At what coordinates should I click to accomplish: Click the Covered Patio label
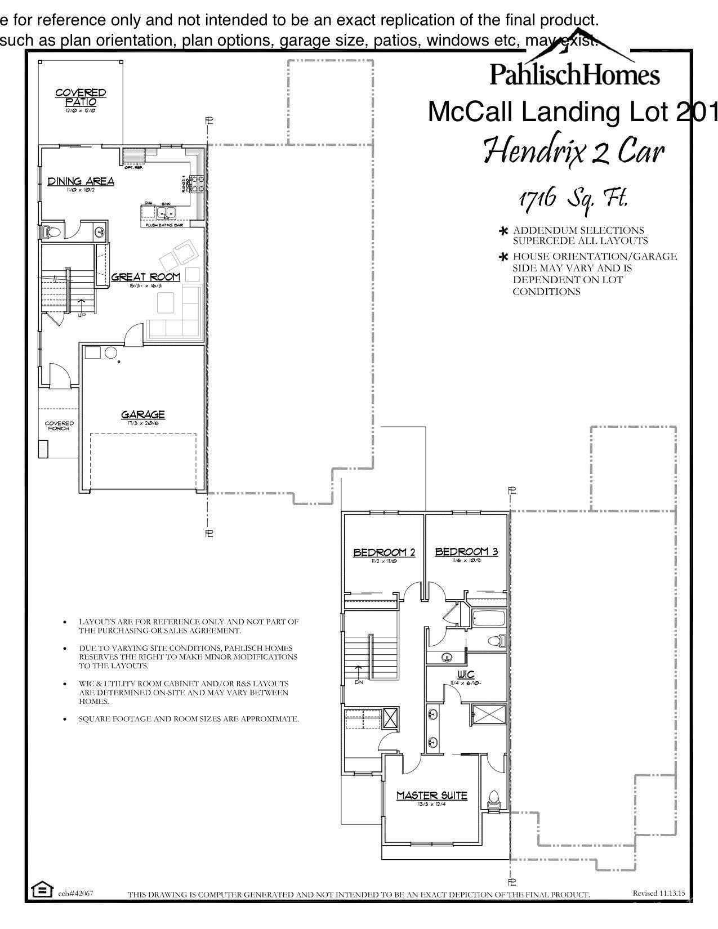(x=81, y=97)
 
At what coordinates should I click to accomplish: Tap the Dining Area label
(x=81, y=181)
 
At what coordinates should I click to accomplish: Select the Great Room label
(x=145, y=277)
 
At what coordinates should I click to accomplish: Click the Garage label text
(x=143, y=415)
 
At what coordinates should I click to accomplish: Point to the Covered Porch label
(x=59, y=426)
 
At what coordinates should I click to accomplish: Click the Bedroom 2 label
(x=384, y=552)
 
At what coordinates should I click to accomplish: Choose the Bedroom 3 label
(x=466, y=552)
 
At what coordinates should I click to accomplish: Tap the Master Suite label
(x=431, y=796)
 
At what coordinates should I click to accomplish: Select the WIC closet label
(x=466, y=675)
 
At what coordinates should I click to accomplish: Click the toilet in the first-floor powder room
(x=52, y=231)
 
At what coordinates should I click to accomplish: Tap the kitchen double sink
(x=167, y=212)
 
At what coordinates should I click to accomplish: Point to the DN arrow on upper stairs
(x=359, y=674)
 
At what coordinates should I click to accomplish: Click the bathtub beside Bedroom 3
(x=488, y=619)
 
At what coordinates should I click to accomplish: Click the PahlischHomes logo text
(x=574, y=74)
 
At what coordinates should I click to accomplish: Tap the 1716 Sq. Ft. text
(x=572, y=199)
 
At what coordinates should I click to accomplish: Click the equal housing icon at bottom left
(x=40, y=890)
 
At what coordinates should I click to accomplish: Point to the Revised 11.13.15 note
(x=658, y=893)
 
